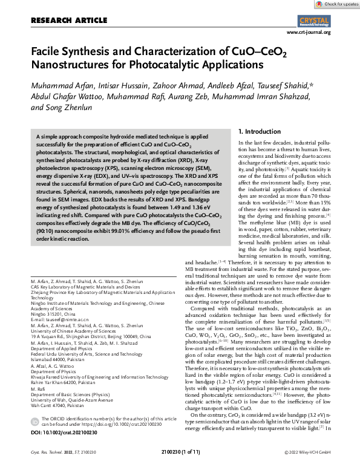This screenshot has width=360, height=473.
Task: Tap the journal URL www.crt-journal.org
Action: (307, 31)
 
